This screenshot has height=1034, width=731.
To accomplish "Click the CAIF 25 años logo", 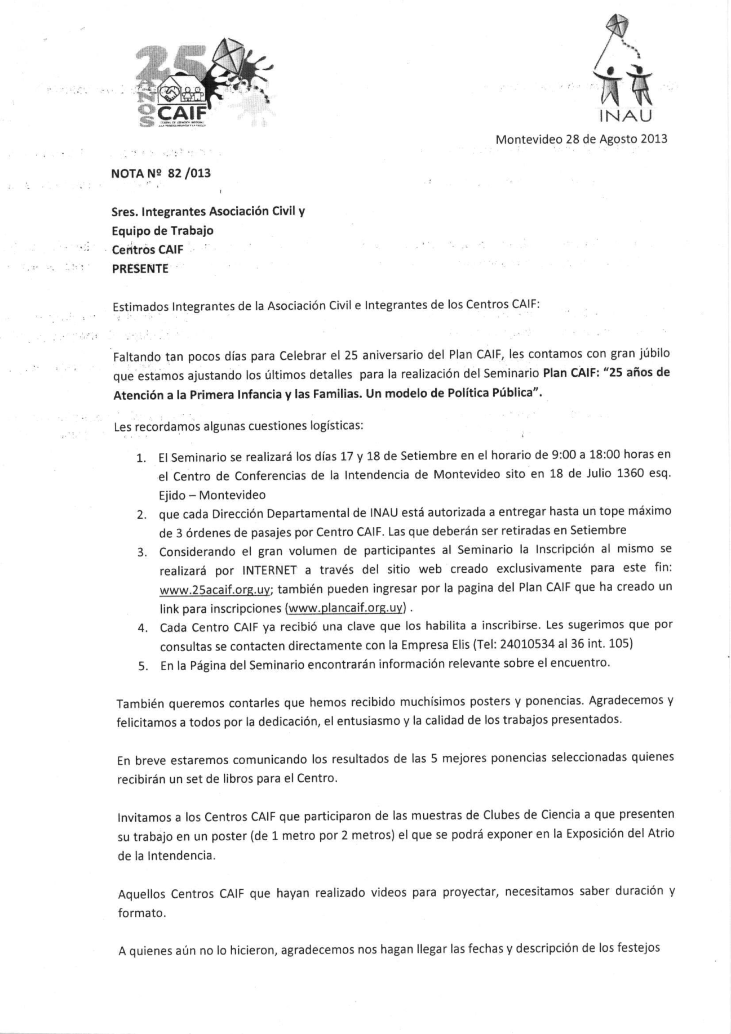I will [203, 84].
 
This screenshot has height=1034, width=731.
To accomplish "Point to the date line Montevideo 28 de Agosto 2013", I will [581, 139].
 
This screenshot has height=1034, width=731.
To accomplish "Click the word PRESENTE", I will [140, 269].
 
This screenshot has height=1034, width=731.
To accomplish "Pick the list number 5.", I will [143, 666].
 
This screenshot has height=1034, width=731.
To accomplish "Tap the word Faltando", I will [136, 357].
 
